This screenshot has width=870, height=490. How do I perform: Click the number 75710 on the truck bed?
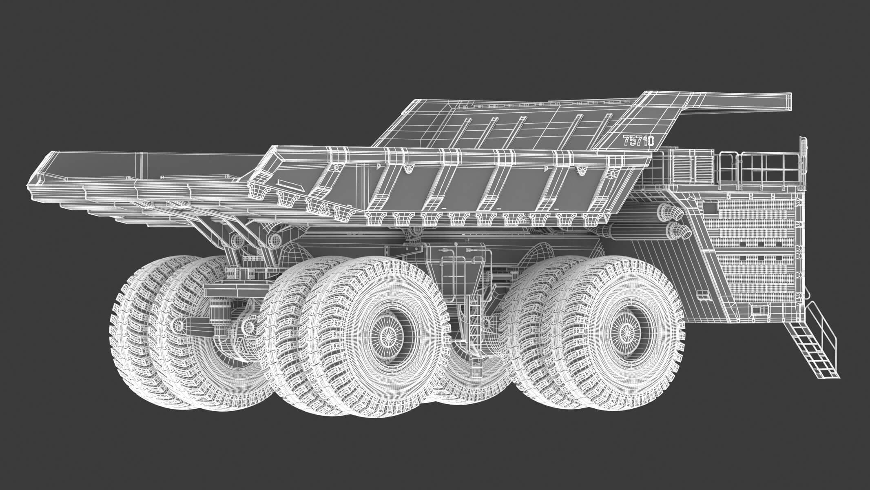(639, 141)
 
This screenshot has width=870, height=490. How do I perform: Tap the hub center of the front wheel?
(623, 333)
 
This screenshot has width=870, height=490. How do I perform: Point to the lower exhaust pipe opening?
(680, 231)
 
